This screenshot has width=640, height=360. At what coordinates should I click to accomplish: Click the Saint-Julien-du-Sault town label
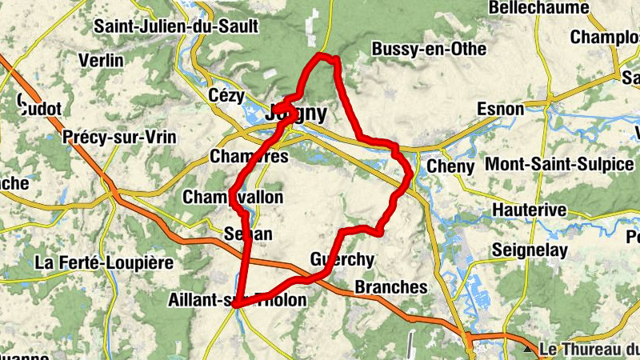tap(176, 26)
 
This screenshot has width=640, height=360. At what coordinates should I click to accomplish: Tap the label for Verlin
tap(102, 60)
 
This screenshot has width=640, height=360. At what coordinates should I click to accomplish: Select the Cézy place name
tap(225, 95)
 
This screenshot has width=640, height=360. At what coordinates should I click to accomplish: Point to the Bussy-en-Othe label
tap(429, 49)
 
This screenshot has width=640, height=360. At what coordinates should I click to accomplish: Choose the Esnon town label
tap(500, 109)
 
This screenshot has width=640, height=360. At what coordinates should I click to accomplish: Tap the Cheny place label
tap(451, 166)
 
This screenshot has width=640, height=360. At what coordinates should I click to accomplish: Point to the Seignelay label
tap(530, 250)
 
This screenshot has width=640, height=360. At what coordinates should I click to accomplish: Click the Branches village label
tap(390, 286)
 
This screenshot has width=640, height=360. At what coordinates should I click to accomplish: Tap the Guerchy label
tap(342, 259)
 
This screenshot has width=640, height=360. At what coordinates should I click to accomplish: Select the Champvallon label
tap(233, 197)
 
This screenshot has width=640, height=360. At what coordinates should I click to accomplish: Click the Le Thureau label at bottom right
tap(589, 350)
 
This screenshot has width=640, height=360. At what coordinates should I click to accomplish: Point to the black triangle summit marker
tap(527, 350)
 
